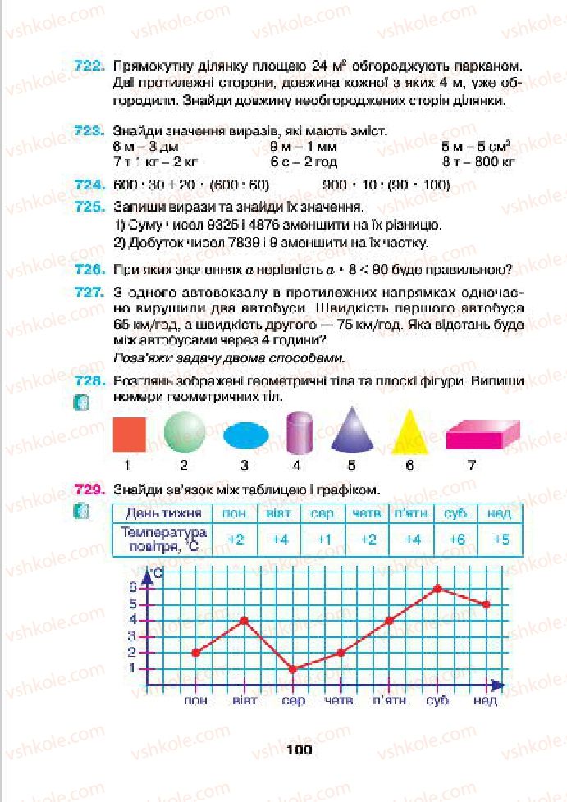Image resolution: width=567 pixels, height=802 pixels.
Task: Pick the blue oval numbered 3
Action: tap(245, 435)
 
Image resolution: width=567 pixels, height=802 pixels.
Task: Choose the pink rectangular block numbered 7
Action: tap(482, 435)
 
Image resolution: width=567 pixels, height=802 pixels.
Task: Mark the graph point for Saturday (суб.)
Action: tap(439, 588)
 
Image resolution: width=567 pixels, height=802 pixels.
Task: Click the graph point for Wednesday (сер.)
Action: tap(293, 669)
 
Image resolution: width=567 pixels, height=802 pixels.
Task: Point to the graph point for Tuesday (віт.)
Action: tap(245, 620)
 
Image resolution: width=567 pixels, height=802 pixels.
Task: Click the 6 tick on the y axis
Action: tap(132, 587)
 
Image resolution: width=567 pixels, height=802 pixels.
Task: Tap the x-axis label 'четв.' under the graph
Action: tap(340, 702)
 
